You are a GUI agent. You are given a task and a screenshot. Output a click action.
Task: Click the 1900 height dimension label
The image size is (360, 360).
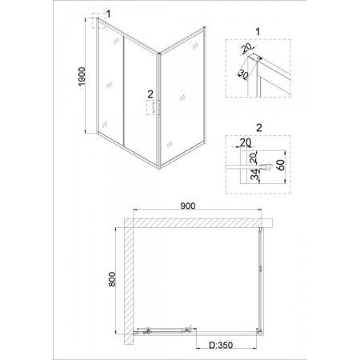[82, 77]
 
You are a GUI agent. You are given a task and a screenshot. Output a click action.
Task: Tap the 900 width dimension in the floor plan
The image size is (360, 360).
[188, 206]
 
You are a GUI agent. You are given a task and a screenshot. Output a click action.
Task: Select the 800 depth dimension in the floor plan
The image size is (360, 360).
[112, 279]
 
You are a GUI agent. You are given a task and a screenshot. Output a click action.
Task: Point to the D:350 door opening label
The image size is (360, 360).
[220, 345]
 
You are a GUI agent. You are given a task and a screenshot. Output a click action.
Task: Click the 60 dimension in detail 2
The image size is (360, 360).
[281, 165]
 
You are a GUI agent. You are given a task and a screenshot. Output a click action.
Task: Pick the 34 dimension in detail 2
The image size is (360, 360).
[255, 174]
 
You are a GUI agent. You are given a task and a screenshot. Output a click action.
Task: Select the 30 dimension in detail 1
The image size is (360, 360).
[242, 74]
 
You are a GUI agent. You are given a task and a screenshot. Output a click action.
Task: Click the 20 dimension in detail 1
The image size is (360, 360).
[246, 48]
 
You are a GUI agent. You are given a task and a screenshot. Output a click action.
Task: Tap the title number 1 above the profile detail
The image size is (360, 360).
[258, 32]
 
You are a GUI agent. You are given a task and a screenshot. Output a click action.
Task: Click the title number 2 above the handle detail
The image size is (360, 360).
[258, 128]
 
